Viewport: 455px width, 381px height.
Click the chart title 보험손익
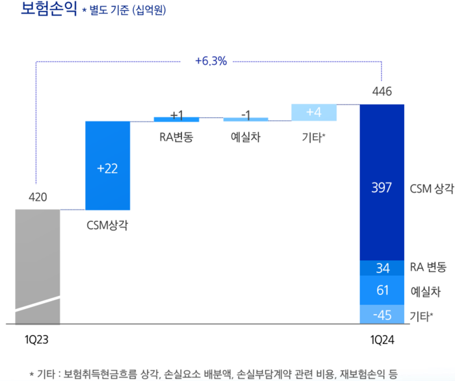click(39, 11)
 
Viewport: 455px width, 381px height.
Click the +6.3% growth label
click(211, 62)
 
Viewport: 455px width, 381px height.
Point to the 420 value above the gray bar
click(38, 197)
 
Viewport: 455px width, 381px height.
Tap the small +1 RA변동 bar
click(176, 119)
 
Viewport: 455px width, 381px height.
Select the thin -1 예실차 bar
click(246, 119)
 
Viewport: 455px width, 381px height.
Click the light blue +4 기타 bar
click(314, 112)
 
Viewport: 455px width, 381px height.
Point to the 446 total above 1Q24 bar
click(382, 92)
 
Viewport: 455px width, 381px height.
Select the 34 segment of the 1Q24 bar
click(382, 267)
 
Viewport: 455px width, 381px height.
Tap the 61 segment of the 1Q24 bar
click(382, 290)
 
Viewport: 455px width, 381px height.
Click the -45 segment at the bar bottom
click(382, 315)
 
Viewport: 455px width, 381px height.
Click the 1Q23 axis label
click(37, 339)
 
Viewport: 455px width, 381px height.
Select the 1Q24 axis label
click(382, 339)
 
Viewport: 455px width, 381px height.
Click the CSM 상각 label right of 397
click(431, 188)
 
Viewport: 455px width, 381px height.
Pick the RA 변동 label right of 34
click(428, 267)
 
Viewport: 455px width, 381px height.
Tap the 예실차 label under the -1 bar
click(246, 137)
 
